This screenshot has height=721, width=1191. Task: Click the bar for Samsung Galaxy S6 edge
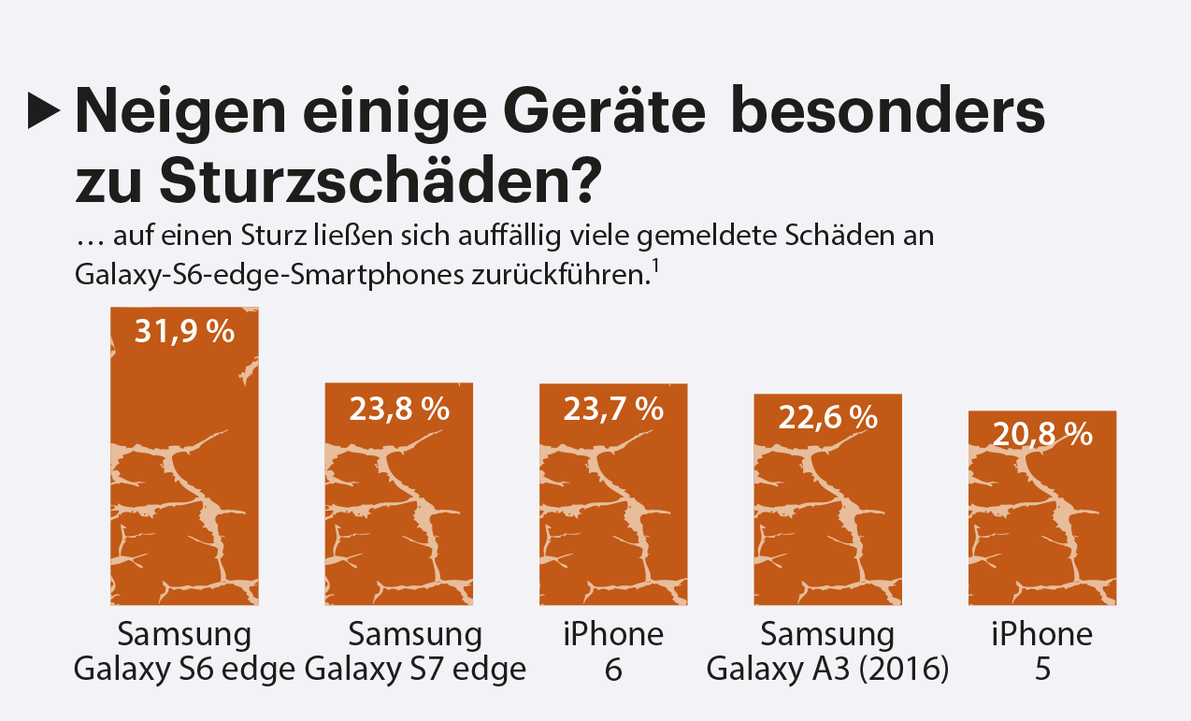point(184,468)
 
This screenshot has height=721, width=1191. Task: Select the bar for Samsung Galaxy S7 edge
point(398,505)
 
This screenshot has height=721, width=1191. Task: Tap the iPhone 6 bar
point(613,505)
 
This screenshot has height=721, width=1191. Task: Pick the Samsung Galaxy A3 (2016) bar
point(828,510)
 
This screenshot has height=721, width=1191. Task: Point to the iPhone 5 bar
point(1042,519)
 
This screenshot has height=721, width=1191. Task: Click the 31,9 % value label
point(184,331)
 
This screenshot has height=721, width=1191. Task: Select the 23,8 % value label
point(399,409)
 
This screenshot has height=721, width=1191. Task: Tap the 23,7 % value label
point(613,409)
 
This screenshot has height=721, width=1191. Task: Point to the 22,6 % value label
point(828,418)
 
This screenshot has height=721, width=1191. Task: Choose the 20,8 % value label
point(1042,434)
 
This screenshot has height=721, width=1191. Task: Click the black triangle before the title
point(43,111)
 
